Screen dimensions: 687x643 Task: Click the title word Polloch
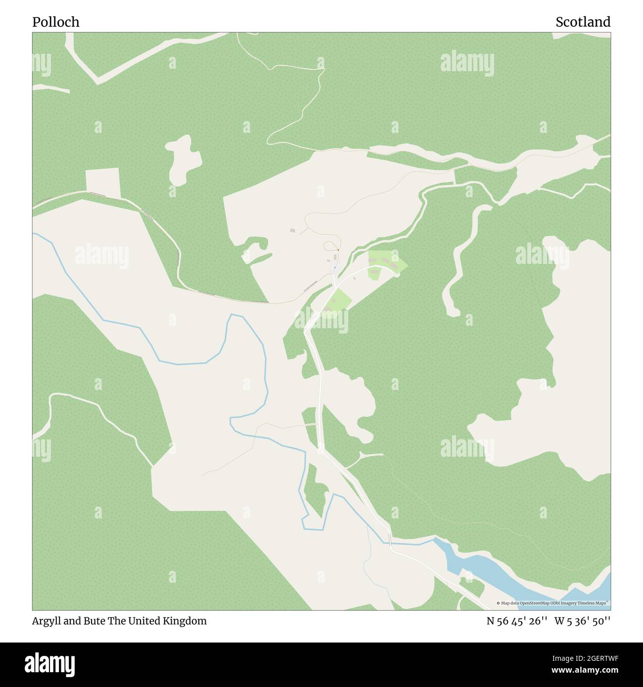coord(55,22)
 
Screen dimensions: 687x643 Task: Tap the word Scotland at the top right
coord(583,22)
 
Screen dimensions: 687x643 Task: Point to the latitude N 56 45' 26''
coord(516,621)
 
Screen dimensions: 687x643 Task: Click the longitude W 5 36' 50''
coord(582,621)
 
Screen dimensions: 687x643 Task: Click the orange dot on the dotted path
coord(338,251)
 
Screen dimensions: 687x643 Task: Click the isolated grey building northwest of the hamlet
coord(292,230)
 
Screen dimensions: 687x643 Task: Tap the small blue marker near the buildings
coord(335,267)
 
